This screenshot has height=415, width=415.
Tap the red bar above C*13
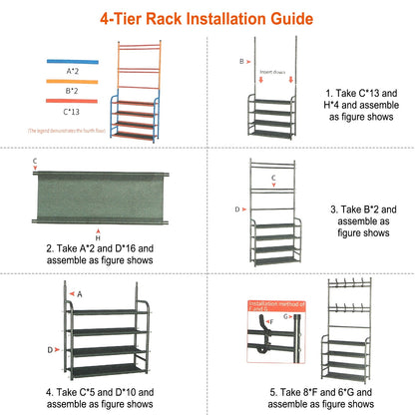coord(70,99)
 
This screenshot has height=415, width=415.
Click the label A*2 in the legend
coord(72,72)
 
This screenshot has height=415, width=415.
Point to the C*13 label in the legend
coord(72,112)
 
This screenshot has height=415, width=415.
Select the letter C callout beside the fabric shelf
coord(35,161)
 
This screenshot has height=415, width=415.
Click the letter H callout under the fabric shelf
coord(97,238)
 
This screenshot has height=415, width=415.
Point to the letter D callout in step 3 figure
coord(237,209)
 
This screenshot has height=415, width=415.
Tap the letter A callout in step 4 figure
coord(81,294)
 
